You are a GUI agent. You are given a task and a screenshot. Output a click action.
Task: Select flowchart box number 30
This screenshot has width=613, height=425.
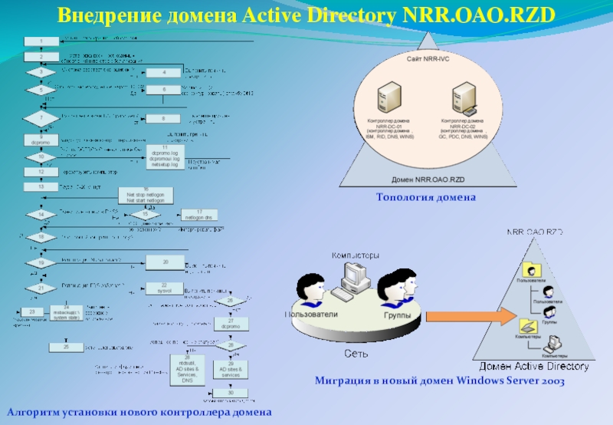[x=231, y=393]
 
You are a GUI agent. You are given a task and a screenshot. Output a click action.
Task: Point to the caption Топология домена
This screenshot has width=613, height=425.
[x=426, y=198]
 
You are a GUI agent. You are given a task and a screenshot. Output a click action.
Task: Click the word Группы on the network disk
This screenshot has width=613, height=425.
[x=397, y=315]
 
